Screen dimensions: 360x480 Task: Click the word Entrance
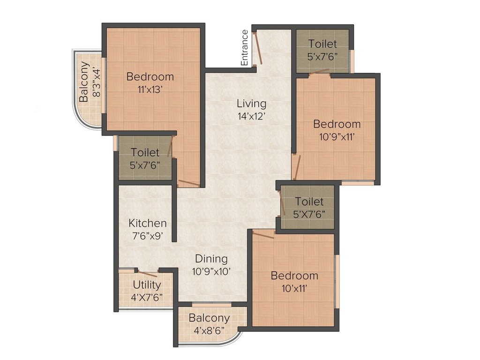click(244, 47)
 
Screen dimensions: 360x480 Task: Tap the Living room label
click(251, 103)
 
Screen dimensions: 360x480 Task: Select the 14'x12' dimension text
click(251, 116)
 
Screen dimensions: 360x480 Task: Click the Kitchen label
click(148, 223)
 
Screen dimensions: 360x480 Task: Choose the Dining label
click(211, 258)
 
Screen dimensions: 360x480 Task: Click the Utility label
click(147, 285)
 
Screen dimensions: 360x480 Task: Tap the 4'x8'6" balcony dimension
click(209, 330)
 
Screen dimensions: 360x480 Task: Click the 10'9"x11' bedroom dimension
click(337, 137)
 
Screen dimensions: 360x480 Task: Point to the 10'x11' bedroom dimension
click(294, 288)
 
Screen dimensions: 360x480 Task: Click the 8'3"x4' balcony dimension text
click(97, 82)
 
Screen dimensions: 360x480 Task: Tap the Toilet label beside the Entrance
click(322, 44)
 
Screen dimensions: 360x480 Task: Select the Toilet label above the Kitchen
click(145, 152)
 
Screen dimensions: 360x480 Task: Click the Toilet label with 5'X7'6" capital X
click(309, 202)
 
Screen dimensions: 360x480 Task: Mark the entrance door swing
click(257, 48)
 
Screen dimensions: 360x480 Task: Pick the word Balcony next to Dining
click(209, 318)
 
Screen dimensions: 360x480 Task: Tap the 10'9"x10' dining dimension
click(211, 271)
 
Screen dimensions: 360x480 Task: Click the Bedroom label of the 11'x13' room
click(150, 76)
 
